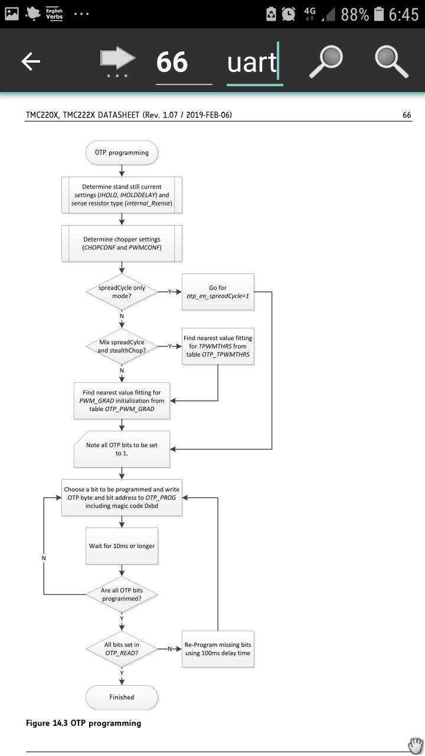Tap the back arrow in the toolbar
31,61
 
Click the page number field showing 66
172,62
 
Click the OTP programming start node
122,152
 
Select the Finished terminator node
122,698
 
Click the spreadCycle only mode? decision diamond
122,292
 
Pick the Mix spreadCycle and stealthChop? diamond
122,346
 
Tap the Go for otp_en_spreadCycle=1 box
218,292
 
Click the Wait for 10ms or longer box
122,546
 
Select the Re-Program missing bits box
218,649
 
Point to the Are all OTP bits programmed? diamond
122,594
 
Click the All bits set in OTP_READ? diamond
122,649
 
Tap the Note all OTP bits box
122,449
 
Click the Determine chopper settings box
122,243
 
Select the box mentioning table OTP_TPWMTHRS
218,346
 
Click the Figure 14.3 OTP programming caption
84,723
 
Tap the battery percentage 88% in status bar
355,15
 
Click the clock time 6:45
404,15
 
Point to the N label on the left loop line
44,558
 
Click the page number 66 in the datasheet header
407,115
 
